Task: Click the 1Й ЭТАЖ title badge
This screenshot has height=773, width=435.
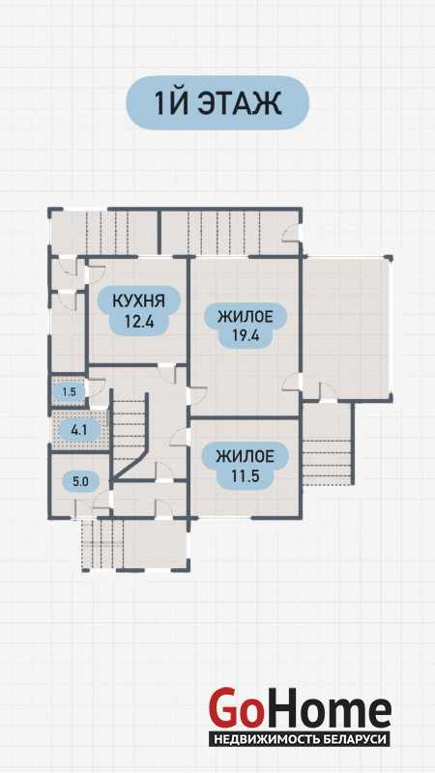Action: pyautogui.click(x=217, y=102)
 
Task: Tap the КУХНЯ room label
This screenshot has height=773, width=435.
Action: pyautogui.click(x=138, y=301)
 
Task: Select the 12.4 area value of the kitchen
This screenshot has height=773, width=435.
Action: pyautogui.click(x=139, y=322)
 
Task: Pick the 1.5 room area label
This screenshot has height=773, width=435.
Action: pyautogui.click(x=69, y=392)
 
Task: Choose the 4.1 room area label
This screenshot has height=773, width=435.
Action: pyautogui.click(x=79, y=430)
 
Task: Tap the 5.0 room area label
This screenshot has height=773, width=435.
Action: pyautogui.click(x=80, y=481)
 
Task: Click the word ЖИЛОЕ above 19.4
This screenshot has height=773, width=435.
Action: pyautogui.click(x=246, y=316)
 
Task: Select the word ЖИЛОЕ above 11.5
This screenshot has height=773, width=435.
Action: pyautogui.click(x=246, y=456)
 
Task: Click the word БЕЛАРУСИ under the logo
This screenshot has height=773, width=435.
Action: pyautogui.click(x=352, y=739)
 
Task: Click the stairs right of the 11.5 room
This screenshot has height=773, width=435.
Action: pyautogui.click(x=327, y=444)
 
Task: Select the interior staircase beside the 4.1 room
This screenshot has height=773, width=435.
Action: pyautogui.click(x=130, y=434)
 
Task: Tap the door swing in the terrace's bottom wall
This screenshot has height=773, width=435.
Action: pyautogui.click(x=329, y=392)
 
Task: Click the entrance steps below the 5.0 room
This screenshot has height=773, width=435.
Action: pyautogui.click(x=102, y=544)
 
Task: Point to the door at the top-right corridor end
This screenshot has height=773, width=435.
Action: pyautogui.click(x=292, y=233)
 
